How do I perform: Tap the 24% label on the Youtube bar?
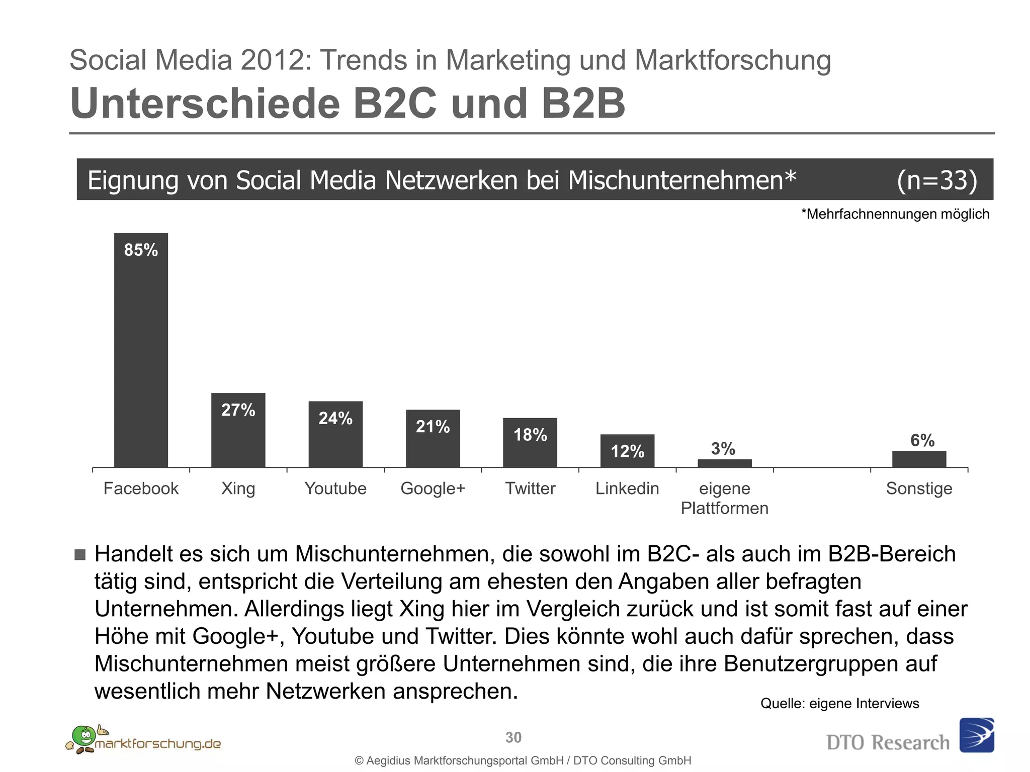pos(335,418)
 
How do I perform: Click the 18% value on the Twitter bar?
pos(530,435)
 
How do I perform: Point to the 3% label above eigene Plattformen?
pos(723,448)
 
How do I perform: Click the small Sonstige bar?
pos(919,459)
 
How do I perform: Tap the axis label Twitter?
pos(530,489)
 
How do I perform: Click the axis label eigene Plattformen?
pos(724,498)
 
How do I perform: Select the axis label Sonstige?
pos(919,489)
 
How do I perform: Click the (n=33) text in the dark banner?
pos(936,180)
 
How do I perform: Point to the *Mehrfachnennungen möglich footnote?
pos(895,214)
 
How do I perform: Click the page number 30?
pos(513,737)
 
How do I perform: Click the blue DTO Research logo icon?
pos(976,735)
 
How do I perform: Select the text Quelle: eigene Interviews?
pos(839,703)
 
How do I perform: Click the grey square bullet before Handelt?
pos(80,555)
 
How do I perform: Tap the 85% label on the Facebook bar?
pos(141,250)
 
